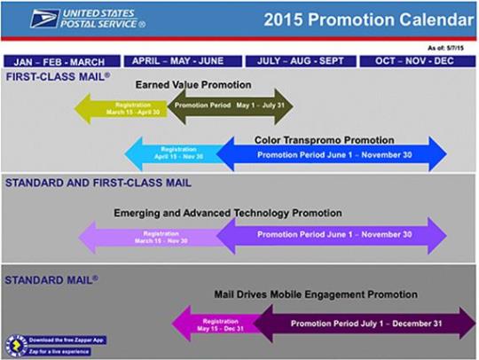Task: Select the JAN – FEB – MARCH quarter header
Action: (61, 62)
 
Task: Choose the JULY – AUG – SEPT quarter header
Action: (299, 61)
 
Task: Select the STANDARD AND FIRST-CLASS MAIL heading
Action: (98, 183)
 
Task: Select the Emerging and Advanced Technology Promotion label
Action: (227, 213)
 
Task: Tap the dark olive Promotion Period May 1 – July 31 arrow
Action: (232, 106)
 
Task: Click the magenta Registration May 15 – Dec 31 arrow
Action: (217, 325)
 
